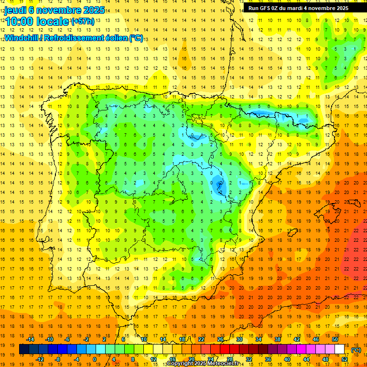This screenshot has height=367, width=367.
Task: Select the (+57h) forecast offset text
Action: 83,22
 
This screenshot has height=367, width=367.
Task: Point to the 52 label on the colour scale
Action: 345,359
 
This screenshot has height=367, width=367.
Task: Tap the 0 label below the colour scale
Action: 95,359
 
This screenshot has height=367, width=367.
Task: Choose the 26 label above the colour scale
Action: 220,339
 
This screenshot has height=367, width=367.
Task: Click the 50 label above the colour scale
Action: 335,339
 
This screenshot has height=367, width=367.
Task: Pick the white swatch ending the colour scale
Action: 340,349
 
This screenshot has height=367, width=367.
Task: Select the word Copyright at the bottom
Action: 181,364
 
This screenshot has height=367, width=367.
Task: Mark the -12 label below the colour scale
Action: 40,359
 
